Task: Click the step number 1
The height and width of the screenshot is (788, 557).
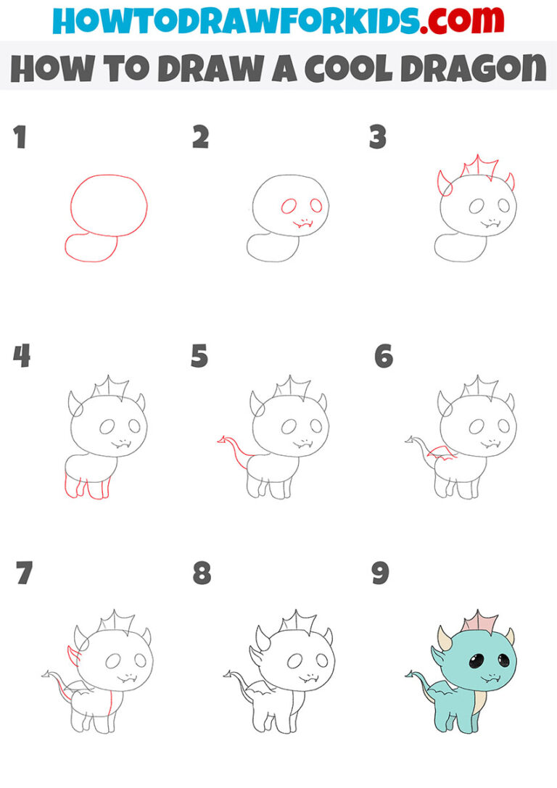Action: pyautogui.click(x=20, y=138)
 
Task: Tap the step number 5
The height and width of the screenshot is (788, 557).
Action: pyautogui.click(x=199, y=357)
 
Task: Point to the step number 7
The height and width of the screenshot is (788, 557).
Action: pyautogui.click(x=23, y=573)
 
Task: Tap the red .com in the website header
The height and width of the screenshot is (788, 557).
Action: pyautogui.click(x=452, y=21)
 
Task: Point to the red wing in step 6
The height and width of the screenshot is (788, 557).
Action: pyautogui.click(x=442, y=455)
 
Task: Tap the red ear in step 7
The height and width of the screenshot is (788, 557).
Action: pyautogui.click(x=73, y=657)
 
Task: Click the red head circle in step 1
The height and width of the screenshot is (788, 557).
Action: pyautogui.click(x=109, y=205)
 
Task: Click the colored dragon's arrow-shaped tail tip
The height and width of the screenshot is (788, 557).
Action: pyautogui.click(x=410, y=676)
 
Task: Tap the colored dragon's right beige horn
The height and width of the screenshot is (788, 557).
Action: pyautogui.click(x=508, y=636)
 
